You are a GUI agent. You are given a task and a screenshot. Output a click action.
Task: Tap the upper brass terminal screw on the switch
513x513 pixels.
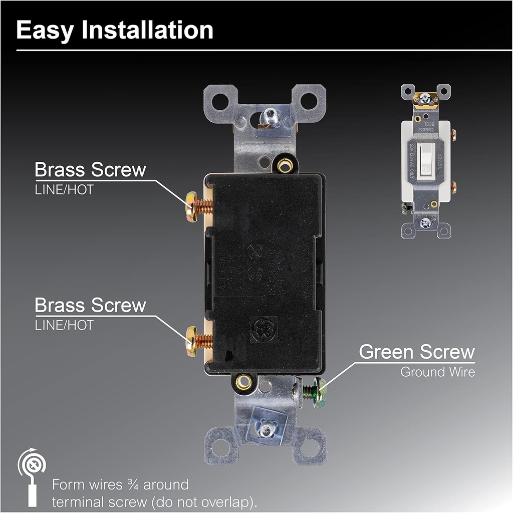tap(192, 206)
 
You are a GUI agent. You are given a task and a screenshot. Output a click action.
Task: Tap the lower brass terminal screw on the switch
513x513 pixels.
tap(192, 341)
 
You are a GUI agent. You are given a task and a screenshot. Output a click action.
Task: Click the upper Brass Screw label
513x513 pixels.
tap(90, 170)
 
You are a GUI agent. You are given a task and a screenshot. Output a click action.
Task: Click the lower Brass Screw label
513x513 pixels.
tap(90, 305)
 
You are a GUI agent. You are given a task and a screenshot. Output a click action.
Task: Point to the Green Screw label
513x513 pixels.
tap(416, 352)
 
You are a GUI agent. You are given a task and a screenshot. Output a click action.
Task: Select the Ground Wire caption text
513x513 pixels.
tap(437, 372)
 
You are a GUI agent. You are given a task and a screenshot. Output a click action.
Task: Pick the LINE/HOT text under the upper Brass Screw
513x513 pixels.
tap(64, 190)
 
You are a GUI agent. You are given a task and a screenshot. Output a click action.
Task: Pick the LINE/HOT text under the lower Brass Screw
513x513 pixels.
tap(64, 325)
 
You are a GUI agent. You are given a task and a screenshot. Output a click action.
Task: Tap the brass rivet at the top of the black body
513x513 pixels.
tap(285, 164)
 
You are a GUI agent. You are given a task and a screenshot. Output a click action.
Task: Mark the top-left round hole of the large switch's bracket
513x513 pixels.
tap(220, 101)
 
